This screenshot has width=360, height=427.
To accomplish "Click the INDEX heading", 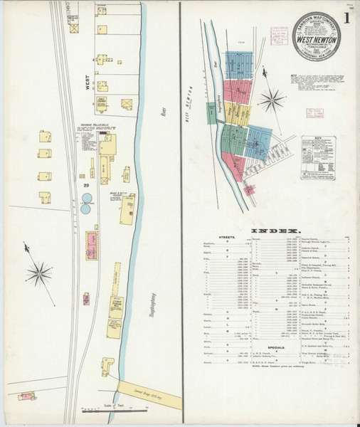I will (269, 231).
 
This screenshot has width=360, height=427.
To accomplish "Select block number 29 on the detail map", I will (85, 184).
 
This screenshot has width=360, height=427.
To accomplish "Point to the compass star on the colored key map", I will (271, 99).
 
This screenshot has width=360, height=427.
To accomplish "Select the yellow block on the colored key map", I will (239, 114).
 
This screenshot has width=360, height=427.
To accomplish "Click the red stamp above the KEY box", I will (314, 113).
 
